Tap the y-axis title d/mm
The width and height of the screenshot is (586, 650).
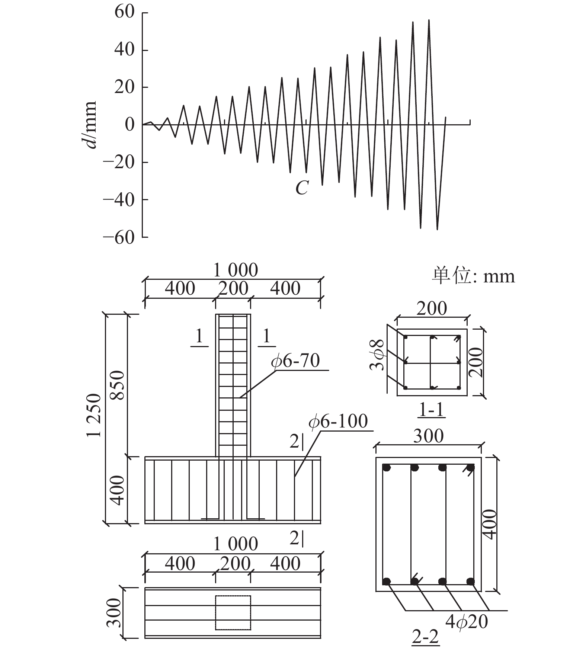[90, 124]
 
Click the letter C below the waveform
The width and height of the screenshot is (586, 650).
[302, 188]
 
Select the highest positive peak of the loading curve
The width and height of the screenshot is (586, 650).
[429, 20]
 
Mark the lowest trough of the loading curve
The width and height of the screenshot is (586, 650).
[437, 229]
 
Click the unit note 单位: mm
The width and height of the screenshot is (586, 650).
[473, 276]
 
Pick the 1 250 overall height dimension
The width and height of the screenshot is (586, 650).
[94, 415]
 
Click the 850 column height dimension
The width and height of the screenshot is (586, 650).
[118, 385]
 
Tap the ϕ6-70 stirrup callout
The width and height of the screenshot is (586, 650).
[296, 361]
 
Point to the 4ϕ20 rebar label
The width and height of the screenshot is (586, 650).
[467, 622]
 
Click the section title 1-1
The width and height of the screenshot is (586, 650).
[432, 410]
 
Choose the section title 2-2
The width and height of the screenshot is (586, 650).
[426, 637]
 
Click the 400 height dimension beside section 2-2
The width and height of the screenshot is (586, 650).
[491, 525]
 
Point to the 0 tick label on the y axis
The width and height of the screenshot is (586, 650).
[129, 125]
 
